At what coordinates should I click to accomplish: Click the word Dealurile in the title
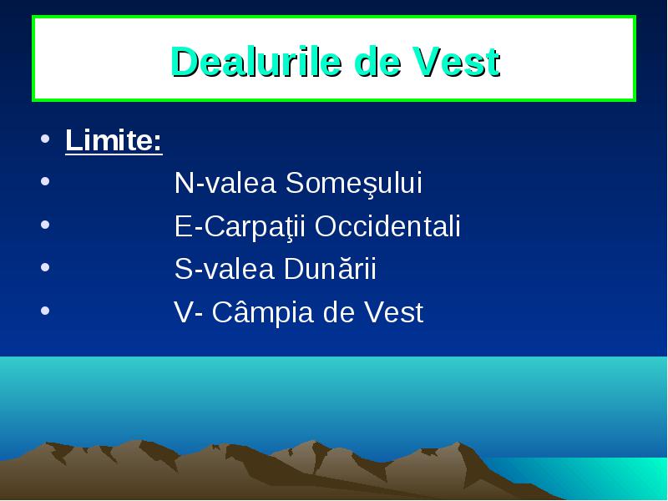coord(256,62)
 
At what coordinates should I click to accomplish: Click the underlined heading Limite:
coord(114,140)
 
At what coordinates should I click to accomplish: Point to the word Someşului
coord(353,183)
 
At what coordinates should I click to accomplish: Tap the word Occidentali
coord(387,225)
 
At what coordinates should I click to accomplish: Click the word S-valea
coord(225,269)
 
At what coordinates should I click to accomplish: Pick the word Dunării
coord(330,268)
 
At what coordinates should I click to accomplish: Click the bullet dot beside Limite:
coord(45,139)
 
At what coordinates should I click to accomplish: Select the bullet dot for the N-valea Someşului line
coord(45,181)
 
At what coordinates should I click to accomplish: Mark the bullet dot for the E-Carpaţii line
coord(45,224)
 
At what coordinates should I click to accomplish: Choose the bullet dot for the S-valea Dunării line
coord(45,267)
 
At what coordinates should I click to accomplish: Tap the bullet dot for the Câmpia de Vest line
coord(45,310)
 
